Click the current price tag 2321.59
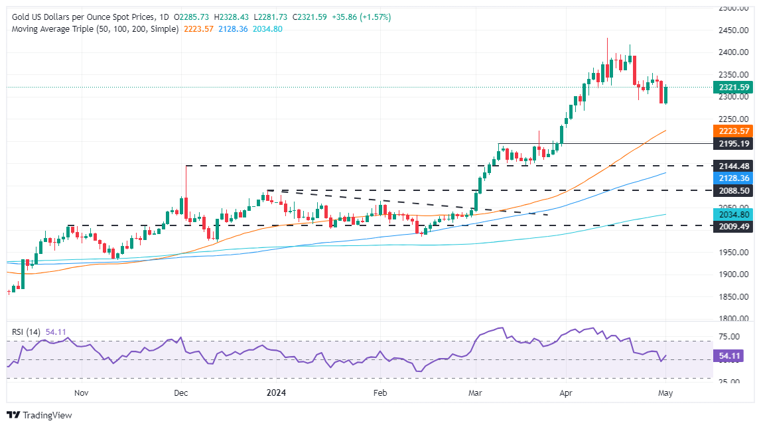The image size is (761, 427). click(732, 87)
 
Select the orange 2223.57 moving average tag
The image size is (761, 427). click(732, 131)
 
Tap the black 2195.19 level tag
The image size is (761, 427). click(732, 143)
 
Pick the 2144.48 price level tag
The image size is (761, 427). click(732, 166)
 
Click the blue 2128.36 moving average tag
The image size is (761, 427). click(732, 178)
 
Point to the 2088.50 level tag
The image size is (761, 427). click(732, 190)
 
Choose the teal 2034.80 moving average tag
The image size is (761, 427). click(732, 215)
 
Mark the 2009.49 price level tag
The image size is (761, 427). click(732, 225)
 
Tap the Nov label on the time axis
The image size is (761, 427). click(81, 393)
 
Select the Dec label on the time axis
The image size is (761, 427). click(181, 393)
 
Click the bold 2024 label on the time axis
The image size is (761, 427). click(276, 393)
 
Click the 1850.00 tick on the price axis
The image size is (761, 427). click(734, 296)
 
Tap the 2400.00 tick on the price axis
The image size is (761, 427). click(734, 52)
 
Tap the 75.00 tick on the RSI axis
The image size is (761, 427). click(730, 336)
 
